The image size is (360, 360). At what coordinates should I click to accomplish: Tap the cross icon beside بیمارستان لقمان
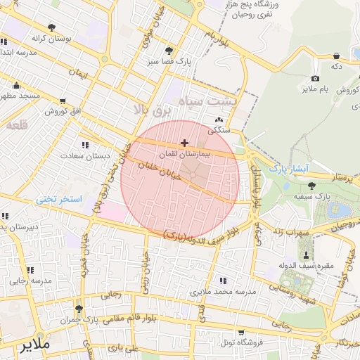(x=184, y=143)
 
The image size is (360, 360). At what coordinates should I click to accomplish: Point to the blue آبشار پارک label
(x=289, y=169)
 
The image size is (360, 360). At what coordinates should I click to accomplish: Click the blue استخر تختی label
(x=59, y=200)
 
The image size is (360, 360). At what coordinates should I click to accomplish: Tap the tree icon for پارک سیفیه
(x=311, y=185)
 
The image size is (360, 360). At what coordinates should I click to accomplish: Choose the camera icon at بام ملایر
(x=315, y=79)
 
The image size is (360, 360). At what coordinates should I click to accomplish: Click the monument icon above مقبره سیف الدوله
(x=306, y=253)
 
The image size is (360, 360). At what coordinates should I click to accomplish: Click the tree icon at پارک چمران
(x=78, y=309)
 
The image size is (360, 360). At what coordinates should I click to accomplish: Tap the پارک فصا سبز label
(x=169, y=61)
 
